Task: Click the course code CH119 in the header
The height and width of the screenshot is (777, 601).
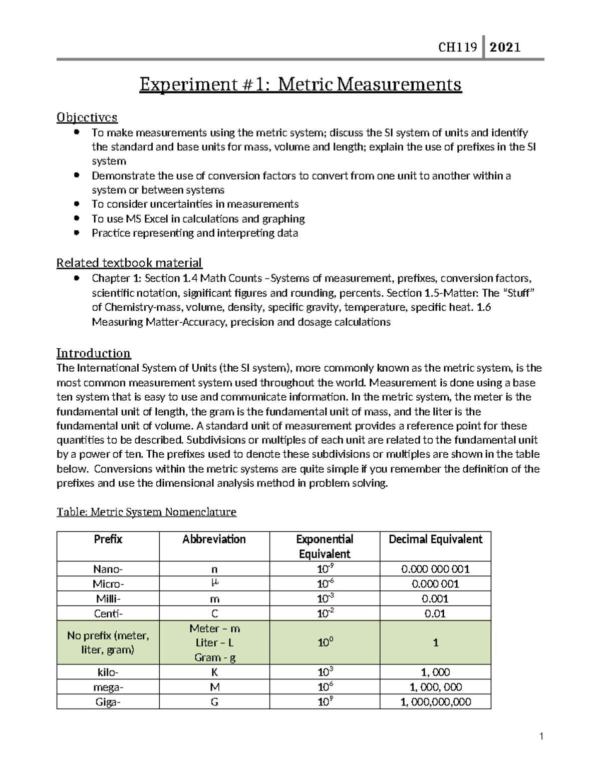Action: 457,48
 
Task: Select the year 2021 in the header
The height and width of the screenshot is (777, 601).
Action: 505,48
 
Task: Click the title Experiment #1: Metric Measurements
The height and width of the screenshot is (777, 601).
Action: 300,85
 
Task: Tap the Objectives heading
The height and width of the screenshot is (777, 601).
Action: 87,117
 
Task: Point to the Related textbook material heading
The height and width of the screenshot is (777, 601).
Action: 129,263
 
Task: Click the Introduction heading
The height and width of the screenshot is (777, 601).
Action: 93,353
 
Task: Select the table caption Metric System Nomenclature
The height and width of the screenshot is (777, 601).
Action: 146,512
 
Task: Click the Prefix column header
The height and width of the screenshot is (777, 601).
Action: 108,539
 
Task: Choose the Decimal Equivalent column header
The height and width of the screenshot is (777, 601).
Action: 435,539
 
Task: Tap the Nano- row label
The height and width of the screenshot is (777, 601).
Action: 108,569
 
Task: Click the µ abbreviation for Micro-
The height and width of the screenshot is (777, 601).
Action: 214,583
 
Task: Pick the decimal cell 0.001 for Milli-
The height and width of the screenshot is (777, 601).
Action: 435,598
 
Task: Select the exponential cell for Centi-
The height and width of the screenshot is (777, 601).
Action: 325,613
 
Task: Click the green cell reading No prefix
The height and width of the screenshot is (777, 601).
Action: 108,643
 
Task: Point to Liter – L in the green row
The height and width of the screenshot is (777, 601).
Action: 214,643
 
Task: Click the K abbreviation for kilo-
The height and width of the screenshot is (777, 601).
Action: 214,672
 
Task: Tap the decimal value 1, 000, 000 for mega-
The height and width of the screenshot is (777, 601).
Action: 435,687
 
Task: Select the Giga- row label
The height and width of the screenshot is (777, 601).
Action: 108,702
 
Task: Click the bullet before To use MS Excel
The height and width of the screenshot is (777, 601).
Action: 76,219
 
